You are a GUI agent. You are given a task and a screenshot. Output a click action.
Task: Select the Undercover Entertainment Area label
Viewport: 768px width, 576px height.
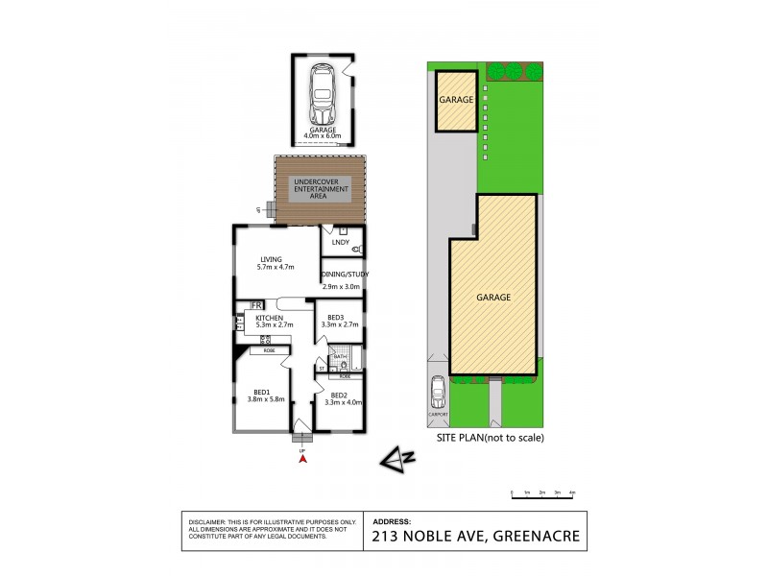click(x=321, y=188)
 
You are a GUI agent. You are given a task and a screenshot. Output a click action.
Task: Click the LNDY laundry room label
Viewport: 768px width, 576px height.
click(x=340, y=243)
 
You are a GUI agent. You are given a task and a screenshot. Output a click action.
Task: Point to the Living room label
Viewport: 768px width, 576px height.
click(x=274, y=262)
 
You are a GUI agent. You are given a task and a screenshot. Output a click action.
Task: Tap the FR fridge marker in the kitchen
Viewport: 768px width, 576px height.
click(x=256, y=306)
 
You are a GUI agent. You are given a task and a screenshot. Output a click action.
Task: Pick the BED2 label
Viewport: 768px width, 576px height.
click(x=339, y=395)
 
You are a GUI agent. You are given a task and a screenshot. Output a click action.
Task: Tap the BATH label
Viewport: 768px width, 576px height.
click(x=340, y=356)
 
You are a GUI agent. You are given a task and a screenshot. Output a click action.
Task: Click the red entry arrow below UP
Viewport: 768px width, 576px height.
click(x=303, y=459)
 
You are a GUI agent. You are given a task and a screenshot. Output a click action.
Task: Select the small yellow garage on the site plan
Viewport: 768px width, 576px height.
click(x=456, y=101)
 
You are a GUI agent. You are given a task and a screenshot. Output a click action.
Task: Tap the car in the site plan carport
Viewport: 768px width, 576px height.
click(x=439, y=393)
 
